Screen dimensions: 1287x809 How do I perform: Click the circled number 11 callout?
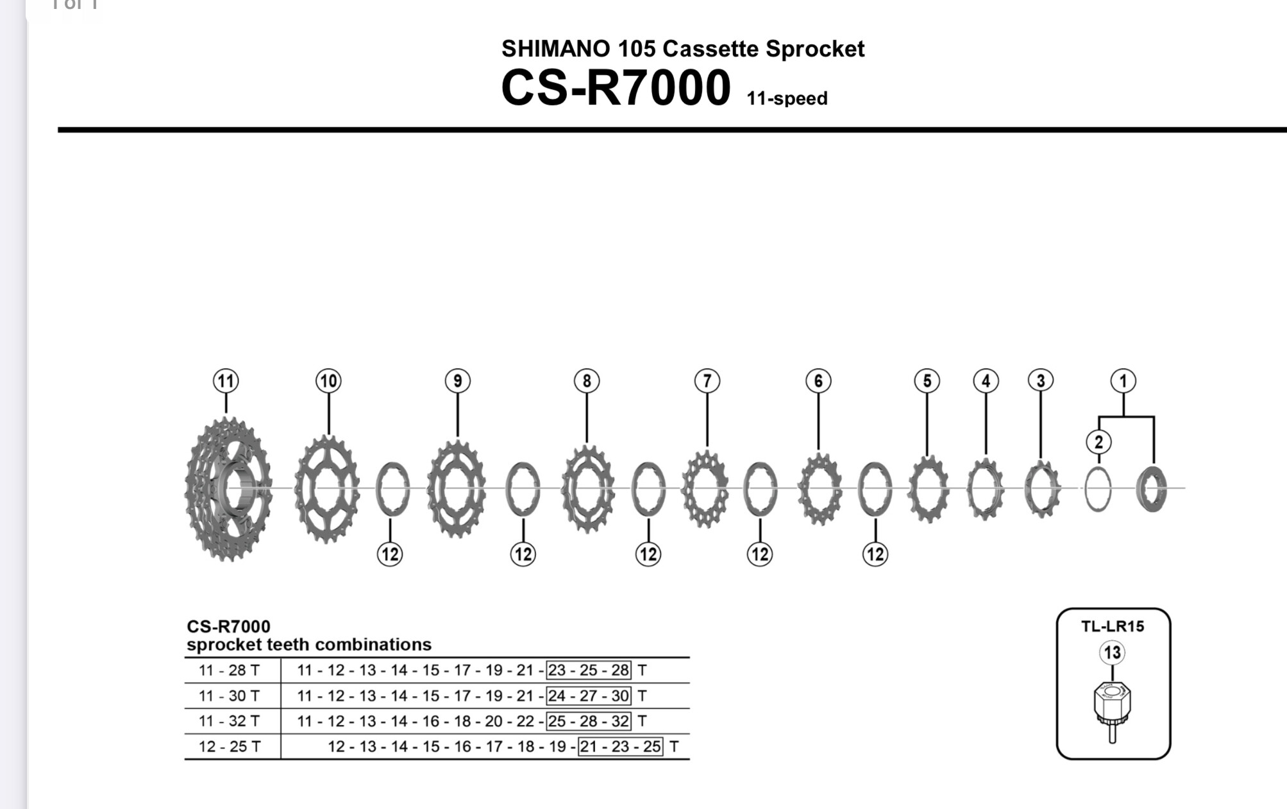click(x=226, y=381)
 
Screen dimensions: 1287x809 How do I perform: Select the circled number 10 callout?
click(x=328, y=381)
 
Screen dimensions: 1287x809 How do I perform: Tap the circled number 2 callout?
click(x=1098, y=442)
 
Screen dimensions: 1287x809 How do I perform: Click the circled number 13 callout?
click(x=1112, y=653)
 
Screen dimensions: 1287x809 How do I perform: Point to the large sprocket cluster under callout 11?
click(x=229, y=489)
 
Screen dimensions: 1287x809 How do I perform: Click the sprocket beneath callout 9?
click(x=456, y=489)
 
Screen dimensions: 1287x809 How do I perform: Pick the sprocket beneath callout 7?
click(x=705, y=489)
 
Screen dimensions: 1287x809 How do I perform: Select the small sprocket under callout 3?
click(x=1041, y=489)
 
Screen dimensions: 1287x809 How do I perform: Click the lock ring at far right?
click(x=1151, y=489)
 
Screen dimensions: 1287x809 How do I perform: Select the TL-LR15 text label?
click(x=1113, y=627)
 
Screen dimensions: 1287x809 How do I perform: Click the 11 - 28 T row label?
click(x=229, y=670)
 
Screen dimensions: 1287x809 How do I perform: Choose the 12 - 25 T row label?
click(x=229, y=747)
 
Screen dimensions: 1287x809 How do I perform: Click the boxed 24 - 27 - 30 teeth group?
click(x=589, y=695)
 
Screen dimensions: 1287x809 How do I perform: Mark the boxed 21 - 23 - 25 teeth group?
click(x=620, y=747)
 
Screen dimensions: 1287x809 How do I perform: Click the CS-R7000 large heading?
click(x=616, y=88)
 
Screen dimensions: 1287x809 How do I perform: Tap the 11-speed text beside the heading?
click(x=787, y=99)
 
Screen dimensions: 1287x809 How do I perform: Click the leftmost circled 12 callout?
click(x=390, y=554)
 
